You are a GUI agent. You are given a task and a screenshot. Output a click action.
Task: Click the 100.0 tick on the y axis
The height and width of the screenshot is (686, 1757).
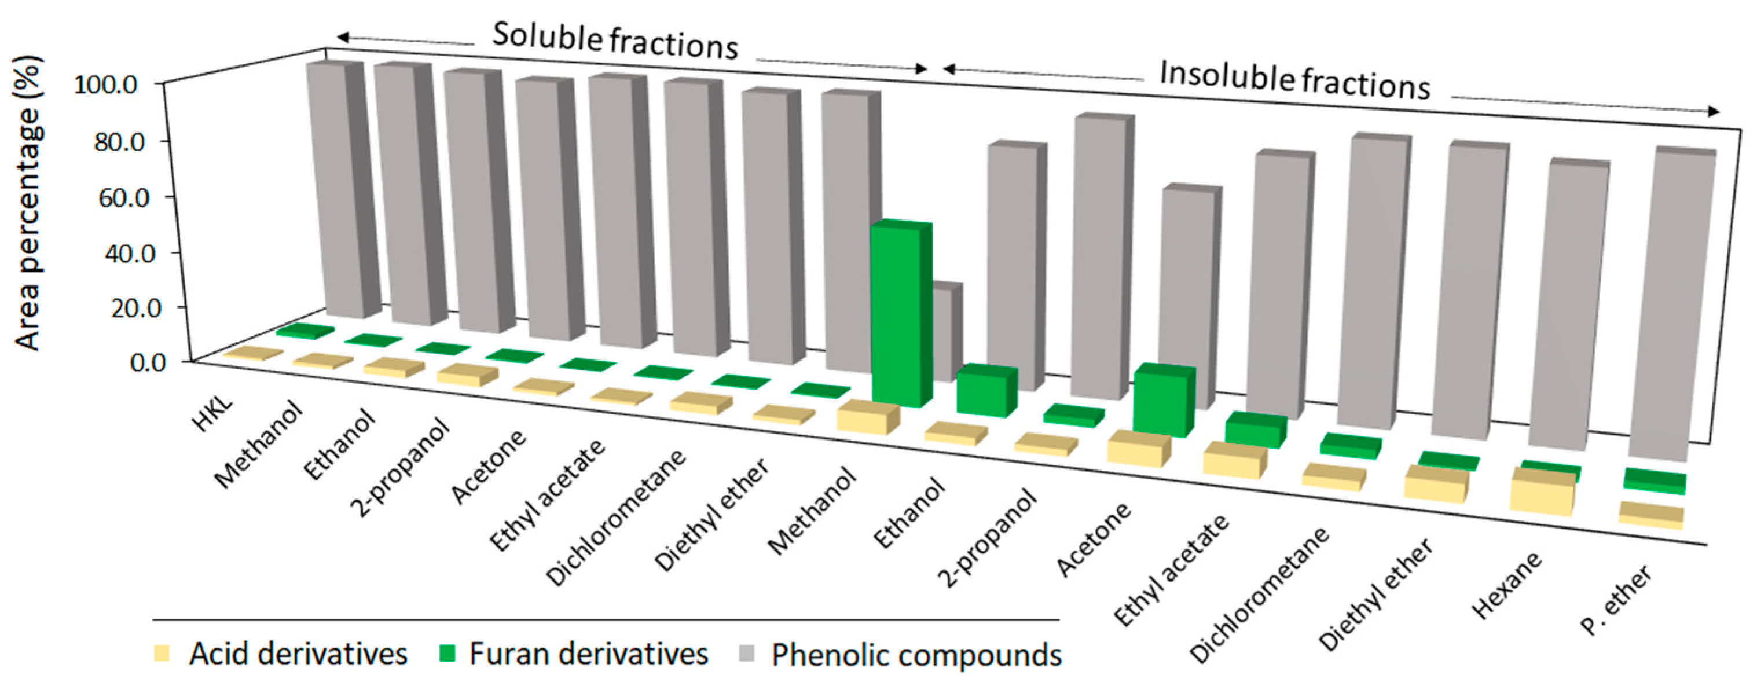[106, 85]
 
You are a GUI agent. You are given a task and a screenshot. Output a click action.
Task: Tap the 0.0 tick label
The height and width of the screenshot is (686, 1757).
[147, 362]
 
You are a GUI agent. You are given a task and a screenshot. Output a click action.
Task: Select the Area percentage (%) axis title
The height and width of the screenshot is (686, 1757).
[28, 203]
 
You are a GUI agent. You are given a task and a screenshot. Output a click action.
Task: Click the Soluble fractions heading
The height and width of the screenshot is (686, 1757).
[615, 41]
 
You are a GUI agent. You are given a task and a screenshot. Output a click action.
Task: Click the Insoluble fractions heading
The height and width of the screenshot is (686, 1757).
[1294, 80]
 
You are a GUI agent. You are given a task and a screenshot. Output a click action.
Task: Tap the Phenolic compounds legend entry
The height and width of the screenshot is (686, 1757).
[900, 655]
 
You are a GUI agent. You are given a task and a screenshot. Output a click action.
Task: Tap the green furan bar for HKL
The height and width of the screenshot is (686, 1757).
[305, 331]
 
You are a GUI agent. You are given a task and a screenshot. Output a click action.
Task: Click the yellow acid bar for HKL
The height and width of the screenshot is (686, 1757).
[253, 353]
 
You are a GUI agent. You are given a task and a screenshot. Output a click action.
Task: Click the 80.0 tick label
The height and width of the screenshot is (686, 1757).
[119, 142]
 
